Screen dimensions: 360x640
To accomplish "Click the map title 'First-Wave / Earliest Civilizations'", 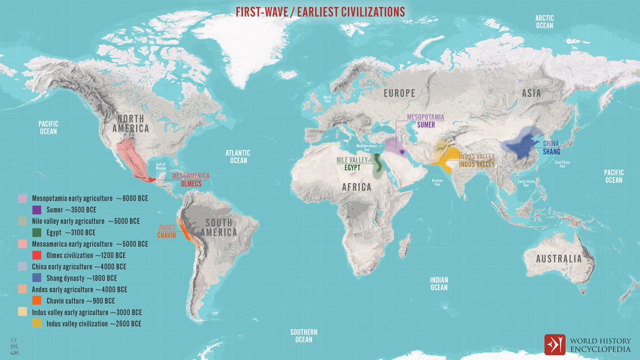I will (320, 12).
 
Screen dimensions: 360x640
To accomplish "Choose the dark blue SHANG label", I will (551, 151).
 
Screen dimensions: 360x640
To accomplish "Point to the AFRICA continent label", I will (357, 187).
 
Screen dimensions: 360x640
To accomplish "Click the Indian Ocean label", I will (439, 284).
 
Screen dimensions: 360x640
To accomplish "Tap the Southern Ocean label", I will (304, 335).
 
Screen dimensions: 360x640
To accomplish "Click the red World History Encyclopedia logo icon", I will (554, 345).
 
